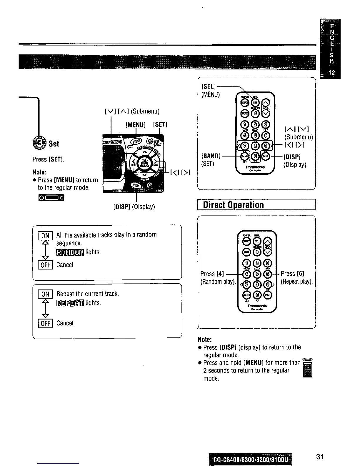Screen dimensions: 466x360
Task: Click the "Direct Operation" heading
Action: tap(234, 205)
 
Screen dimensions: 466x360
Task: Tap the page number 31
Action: tap(320, 456)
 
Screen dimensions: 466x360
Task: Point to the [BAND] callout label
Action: tap(211, 156)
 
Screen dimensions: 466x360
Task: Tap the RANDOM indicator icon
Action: tap(70, 252)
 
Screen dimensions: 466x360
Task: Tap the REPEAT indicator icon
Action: tap(70, 303)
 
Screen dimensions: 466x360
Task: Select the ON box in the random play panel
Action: tap(45, 236)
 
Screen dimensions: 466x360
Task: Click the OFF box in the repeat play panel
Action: tap(45, 323)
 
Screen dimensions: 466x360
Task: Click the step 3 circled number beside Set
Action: tap(39, 144)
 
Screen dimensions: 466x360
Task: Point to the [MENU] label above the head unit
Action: tap(135, 125)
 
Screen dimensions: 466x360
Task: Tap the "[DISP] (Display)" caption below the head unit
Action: tap(134, 207)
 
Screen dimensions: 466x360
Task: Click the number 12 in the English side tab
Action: tap(331, 72)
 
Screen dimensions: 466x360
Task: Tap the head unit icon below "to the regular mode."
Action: tap(51, 197)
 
